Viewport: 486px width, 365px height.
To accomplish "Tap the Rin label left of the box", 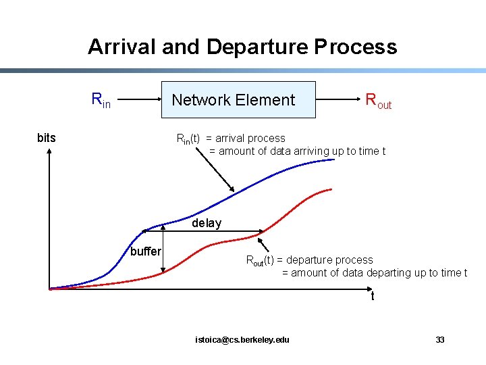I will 101,100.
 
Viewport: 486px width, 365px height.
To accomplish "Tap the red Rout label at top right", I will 378,101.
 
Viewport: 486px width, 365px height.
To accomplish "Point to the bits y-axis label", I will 47,139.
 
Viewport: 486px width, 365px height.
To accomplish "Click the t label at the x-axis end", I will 372,297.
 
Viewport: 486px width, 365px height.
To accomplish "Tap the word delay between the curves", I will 207,224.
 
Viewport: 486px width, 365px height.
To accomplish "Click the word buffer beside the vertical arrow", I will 146,251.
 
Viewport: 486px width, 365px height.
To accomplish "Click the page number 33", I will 440,339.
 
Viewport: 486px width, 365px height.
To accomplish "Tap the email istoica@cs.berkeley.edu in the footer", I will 242,339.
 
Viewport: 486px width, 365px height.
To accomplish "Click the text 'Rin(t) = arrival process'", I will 231,139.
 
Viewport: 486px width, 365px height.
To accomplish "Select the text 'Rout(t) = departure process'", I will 309,260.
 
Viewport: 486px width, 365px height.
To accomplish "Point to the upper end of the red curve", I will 331,189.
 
